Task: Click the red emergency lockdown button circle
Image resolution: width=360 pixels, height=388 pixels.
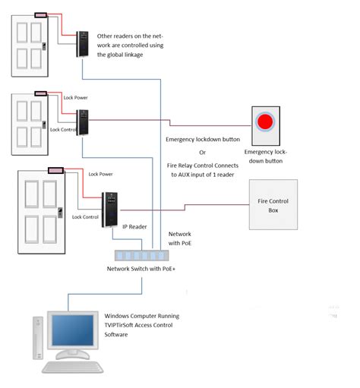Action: pyautogui.click(x=265, y=121)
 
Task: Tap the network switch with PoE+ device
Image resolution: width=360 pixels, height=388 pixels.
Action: pyautogui.click(x=141, y=255)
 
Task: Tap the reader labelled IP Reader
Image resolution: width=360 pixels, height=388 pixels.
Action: pyautogui.click(x=111, y=208)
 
